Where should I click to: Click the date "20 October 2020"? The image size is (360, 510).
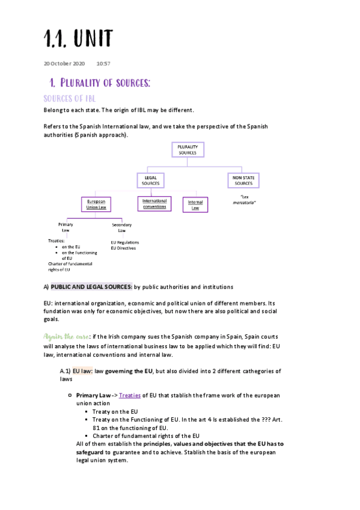click(x=64, y=63)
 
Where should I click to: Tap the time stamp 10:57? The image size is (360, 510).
click(x=103, y=63)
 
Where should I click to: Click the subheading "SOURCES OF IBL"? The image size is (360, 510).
click(x=70, y=98)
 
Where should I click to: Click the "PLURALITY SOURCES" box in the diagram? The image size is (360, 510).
click(x=188, y=150)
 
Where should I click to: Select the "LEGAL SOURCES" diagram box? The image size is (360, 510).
click(x=151, y=180)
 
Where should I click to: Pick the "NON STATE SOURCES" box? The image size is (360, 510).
click(x=244, y=180)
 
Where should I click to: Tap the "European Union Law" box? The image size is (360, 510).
click(x=96, y=204)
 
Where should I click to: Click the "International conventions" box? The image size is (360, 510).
click(x=154, y=204)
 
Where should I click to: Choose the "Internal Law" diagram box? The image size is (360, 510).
click(x=195, y=205)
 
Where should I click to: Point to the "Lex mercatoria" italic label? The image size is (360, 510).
click(x=244, y=200)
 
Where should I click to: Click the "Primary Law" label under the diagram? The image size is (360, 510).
click(x=66, y=227)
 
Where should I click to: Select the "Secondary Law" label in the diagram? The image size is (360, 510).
click(x=122, y=227)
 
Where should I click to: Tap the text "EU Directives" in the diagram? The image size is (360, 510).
click(x=123, y=248)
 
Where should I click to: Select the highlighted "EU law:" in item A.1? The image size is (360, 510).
click(x=82, y=372)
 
